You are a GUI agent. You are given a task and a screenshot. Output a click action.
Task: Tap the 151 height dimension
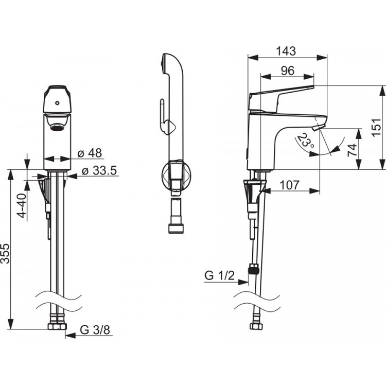pyautogui.click(x=376, y=127)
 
